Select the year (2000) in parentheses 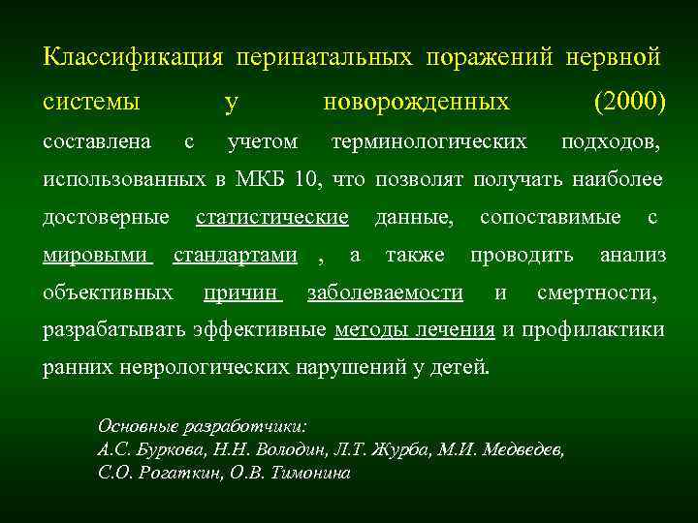coord(627,101)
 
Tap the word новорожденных coord(416,101)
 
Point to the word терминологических coord(428,142)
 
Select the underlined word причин coord(242,292)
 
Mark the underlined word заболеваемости coord(384,292)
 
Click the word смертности coord(595,292)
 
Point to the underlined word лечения coord(458,330)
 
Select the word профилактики coord(593,330)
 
